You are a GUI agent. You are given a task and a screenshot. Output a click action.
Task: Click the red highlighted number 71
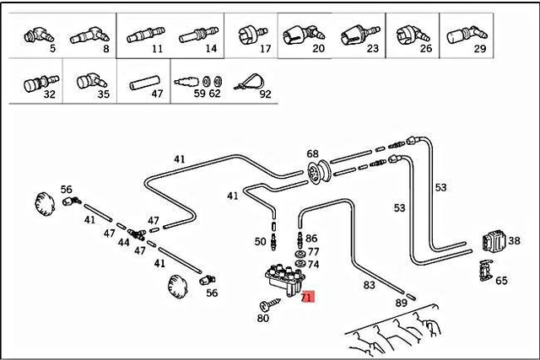click(307, 297)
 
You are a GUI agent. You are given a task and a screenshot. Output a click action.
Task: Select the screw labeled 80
click(269, 304)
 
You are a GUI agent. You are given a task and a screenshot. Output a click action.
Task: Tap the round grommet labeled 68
click(318, 173)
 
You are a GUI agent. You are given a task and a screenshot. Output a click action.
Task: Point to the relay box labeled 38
click(494, 240)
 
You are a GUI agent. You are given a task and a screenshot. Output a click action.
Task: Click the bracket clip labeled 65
click(486, 271)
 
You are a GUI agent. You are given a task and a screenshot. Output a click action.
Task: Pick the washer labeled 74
click(300, 265)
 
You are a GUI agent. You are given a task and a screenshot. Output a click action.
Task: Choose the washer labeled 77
click(300, 255)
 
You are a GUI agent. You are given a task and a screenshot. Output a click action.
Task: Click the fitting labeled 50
click(274, 242)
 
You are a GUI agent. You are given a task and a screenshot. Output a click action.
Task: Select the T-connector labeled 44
click(137, 234)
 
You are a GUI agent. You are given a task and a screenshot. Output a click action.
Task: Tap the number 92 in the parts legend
click(265, 94)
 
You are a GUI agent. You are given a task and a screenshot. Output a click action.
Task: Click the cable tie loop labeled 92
click(250, 82)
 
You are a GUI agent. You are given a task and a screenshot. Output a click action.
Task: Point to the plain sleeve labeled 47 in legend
click(144, 83)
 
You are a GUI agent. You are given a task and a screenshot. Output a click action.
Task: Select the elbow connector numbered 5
click(39, 35)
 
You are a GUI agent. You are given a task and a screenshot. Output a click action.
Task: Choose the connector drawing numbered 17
click(252, 35)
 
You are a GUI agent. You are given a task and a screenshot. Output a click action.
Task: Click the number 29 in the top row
click(479, 49)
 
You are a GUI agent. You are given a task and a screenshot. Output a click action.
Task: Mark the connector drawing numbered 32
click(41, 83)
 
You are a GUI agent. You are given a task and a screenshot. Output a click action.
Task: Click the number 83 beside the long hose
click(369, 285)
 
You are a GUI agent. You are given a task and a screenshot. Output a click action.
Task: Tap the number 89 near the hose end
click(402, 303)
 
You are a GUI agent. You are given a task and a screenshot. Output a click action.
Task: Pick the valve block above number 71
click(285, 279)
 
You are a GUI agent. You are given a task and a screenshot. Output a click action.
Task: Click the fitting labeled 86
click(300, 239)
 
